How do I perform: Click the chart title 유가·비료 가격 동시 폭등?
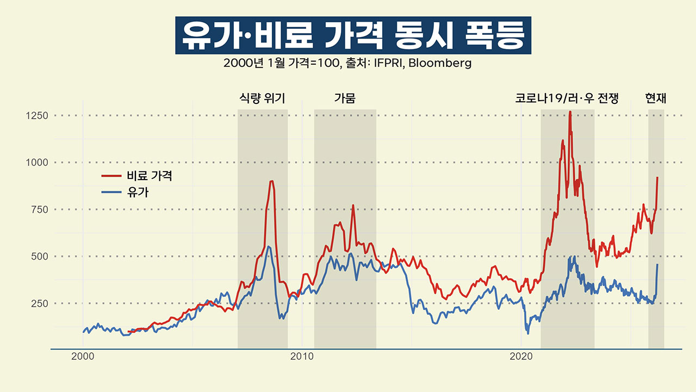point(353,35)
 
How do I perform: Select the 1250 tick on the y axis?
point(37,115)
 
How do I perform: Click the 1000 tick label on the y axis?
point(37,162)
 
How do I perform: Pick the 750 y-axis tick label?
point(39,210)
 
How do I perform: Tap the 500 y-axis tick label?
point(39,256)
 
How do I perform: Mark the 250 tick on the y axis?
point(39,303)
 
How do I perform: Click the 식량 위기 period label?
point(262,99)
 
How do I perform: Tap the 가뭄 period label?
point(345,99)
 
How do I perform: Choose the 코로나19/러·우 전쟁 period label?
point(567,99)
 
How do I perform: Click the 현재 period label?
point(656,99)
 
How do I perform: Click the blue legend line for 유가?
point(112,192)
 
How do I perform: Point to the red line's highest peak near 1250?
point(570,112)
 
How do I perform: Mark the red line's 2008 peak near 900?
point(272,181)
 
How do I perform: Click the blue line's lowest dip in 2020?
point(527,333)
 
